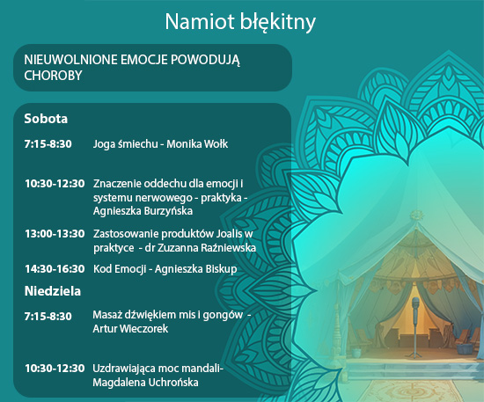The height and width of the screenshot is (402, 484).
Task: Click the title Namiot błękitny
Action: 240,22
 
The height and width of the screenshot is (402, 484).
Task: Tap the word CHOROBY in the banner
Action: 53,76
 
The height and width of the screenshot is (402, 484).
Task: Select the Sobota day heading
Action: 46,119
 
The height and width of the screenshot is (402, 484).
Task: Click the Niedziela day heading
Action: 53,291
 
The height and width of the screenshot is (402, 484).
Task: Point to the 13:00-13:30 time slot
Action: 55,234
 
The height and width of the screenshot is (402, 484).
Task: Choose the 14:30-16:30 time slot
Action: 55,269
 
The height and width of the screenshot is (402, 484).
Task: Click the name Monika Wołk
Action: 197,144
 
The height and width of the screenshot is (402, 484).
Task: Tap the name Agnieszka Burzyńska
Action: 143,211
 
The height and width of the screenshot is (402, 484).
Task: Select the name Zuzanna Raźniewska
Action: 207,248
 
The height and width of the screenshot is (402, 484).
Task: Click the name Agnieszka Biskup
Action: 195,269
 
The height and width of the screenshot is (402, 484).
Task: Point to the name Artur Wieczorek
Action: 130,329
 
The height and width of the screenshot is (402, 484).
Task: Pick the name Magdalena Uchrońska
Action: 145,383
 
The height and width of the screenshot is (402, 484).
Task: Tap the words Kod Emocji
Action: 120,269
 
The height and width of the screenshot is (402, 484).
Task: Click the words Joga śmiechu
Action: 125,144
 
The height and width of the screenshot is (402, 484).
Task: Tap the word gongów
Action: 223,315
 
